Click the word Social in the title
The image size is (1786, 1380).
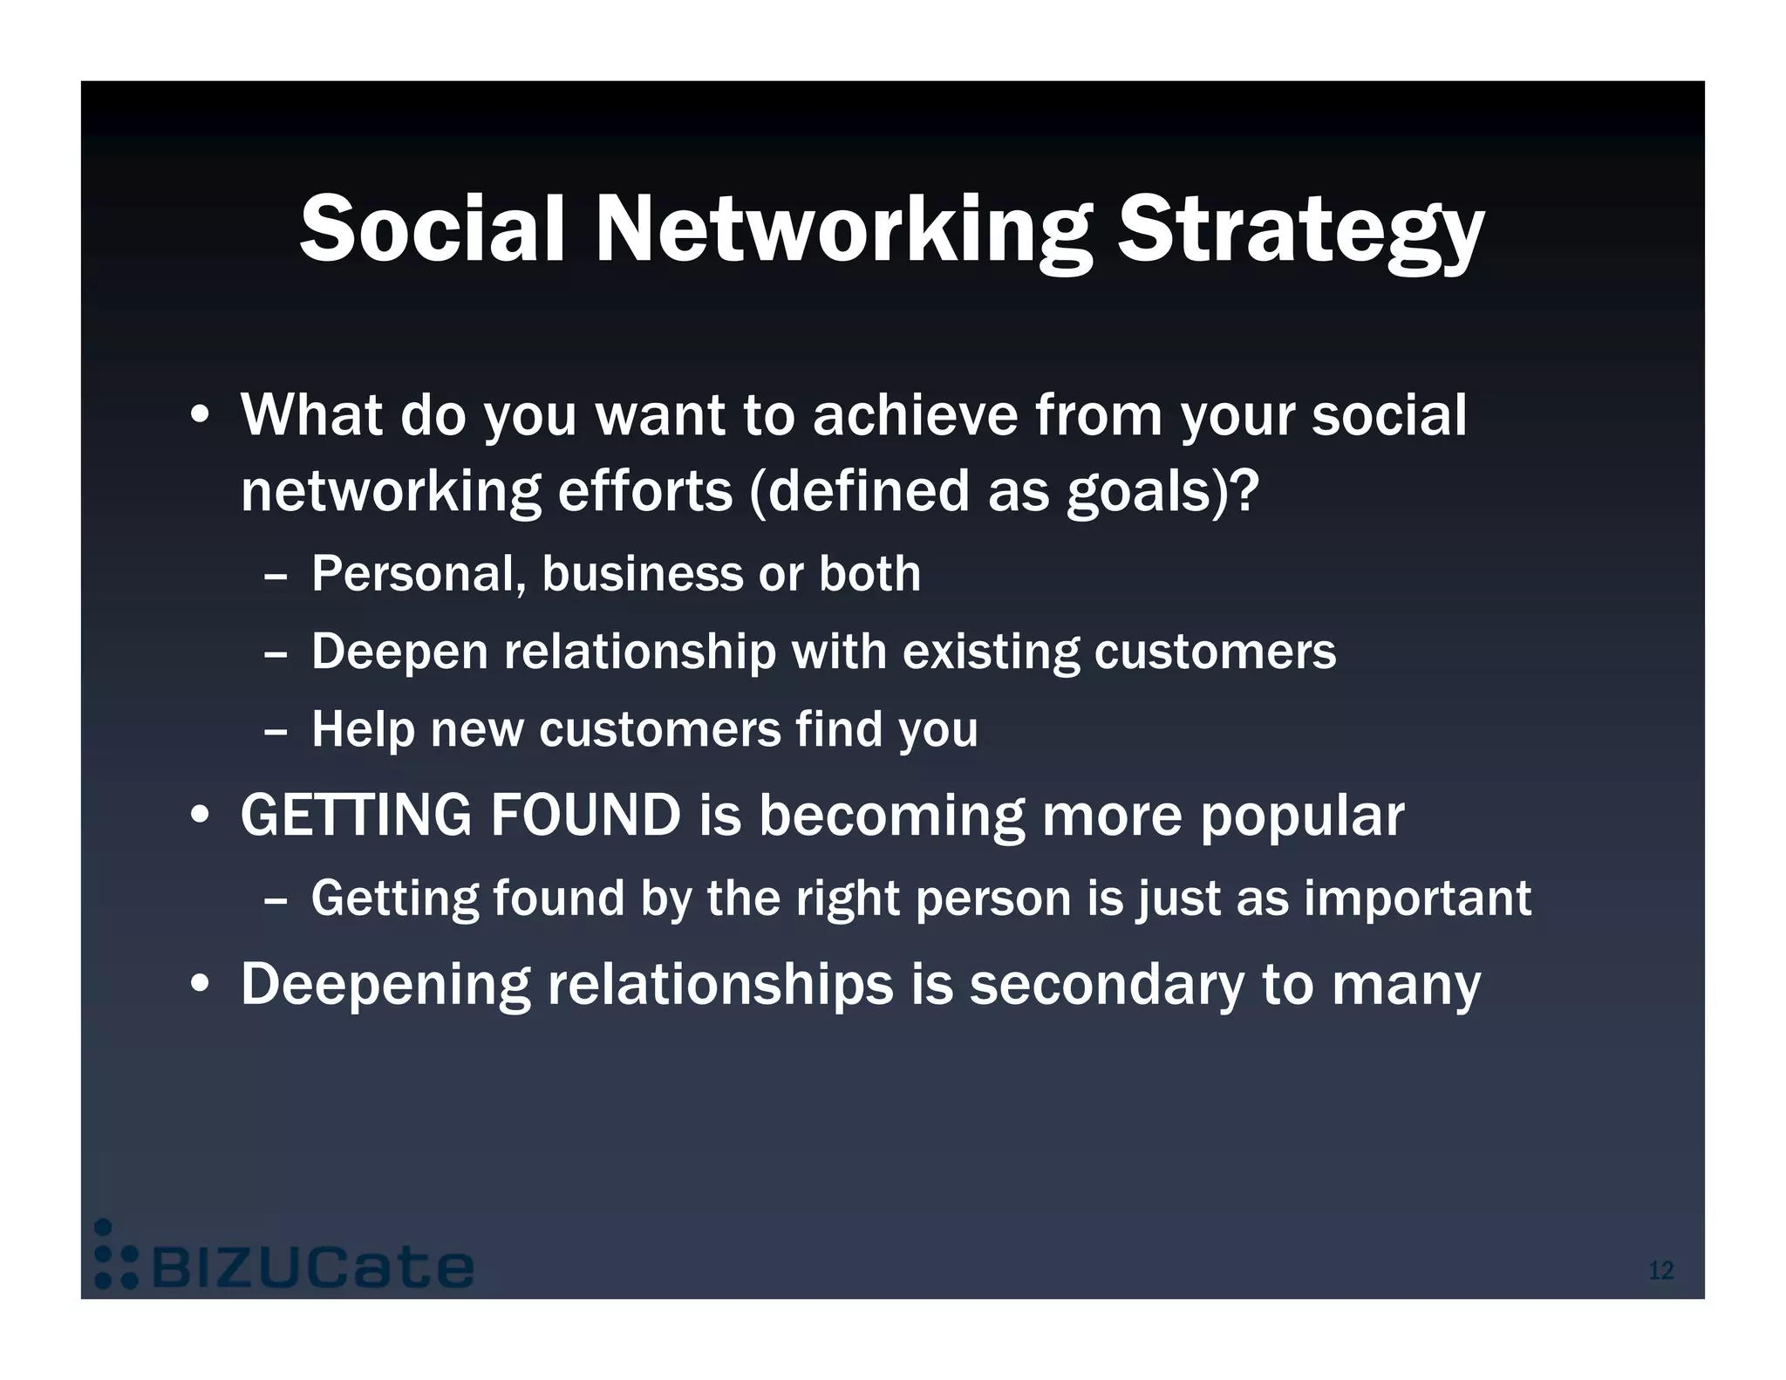(433, 229)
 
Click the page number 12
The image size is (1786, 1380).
(1660, 1270)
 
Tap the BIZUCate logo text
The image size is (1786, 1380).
(312, 1267)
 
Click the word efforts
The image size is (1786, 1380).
(645, 491)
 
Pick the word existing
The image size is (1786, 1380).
(991, 652)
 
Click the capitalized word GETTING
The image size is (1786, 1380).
(356, 816)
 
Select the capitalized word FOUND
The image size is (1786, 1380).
(585, 816)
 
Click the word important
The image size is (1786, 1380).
(1417, 898)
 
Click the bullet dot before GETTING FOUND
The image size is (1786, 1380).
(200, 816)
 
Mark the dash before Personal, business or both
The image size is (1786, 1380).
(275, 577)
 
